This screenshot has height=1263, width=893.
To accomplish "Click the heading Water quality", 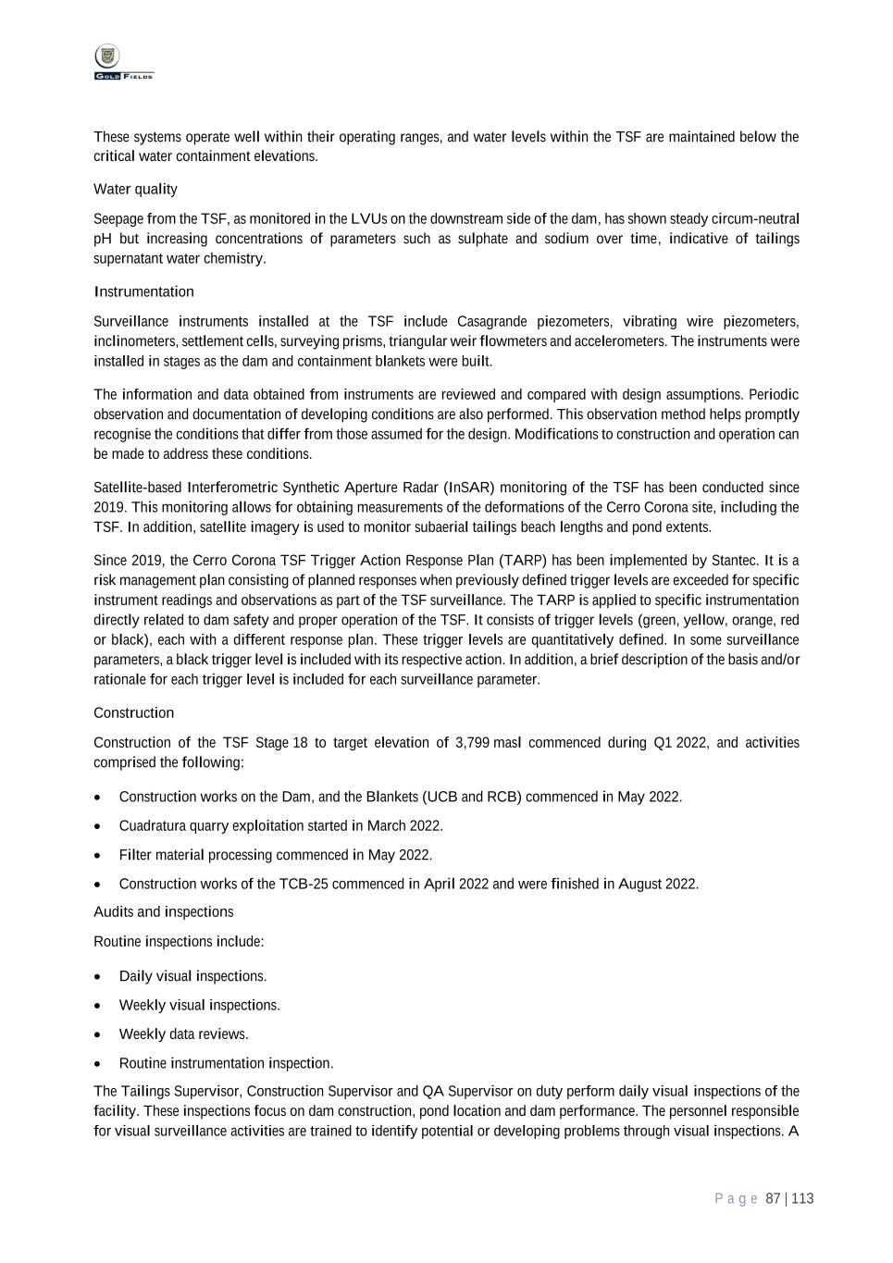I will (x=135, y=190).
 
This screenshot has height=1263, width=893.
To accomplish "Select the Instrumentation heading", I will (x=143, y=292).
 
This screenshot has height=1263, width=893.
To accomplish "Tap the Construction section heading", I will (x=133, y=713).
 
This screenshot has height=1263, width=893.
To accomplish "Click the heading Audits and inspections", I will (x=163, y=912).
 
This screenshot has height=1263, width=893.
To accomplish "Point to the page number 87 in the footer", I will (x=774, y=1199).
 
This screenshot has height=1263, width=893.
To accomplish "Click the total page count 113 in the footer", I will (x=802, y=1199).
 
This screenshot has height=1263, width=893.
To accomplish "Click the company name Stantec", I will (x=734, y=561).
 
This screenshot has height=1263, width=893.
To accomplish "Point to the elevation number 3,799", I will (x=472, y=743).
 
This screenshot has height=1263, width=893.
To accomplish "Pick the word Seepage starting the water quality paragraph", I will (x=118, y=219).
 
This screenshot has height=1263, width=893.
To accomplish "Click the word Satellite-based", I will (x=137, y=488).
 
